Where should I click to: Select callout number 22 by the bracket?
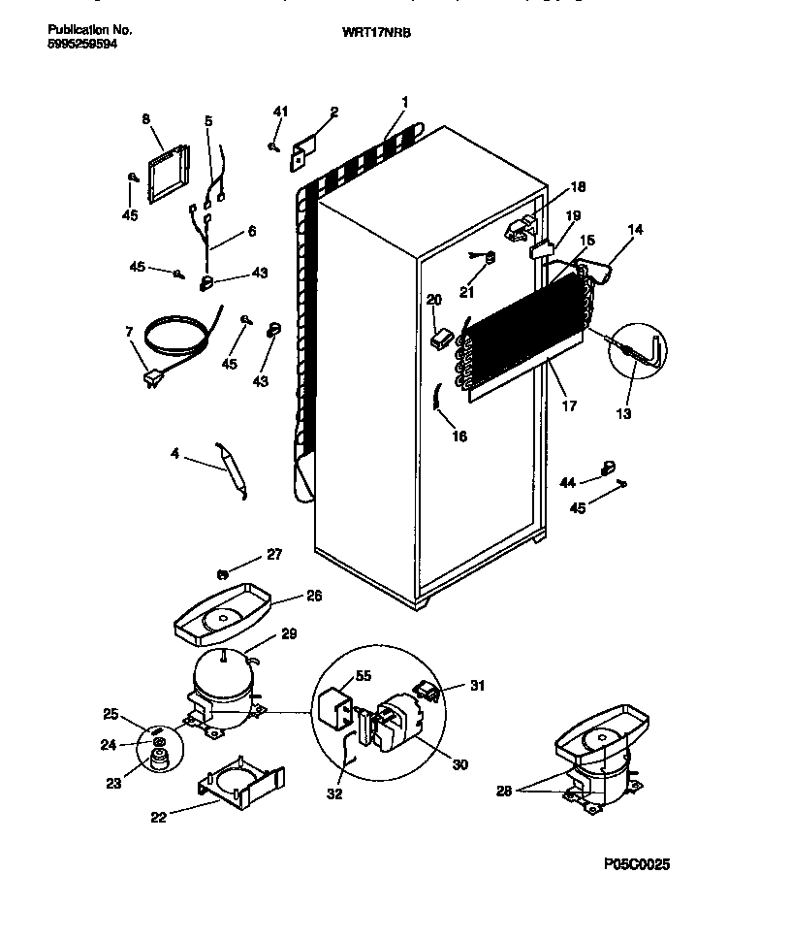[x=158, y=817]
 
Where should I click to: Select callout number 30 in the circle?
[x=459, y=764]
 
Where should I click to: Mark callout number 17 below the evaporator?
[x=569, y=405]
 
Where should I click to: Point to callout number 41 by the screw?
[x=280, y=113]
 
